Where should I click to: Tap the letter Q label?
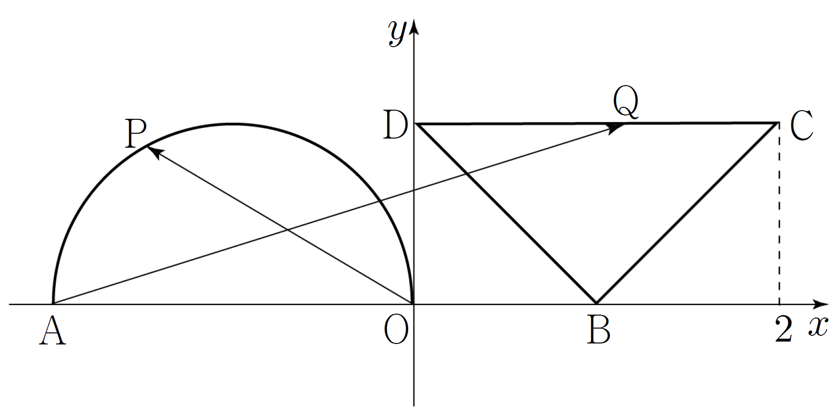point(626,103)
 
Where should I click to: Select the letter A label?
point(52,332)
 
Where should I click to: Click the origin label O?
point(397,331)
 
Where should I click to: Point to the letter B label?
point(599,331)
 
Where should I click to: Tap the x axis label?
point(818,327)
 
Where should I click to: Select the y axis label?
point(398,33)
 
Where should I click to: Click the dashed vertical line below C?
point(779,214)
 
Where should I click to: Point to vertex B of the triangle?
point(596,304)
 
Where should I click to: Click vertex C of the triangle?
point(778,124)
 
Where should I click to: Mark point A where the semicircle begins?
point(53,304)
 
